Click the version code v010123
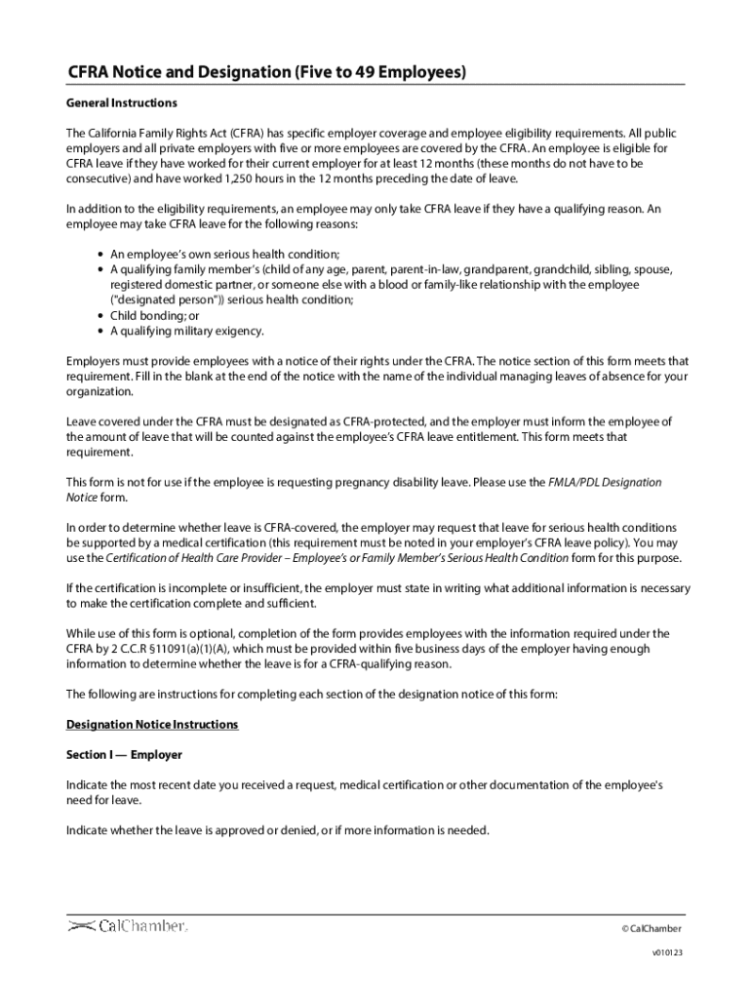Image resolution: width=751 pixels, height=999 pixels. pyautogui.click(x=667, y=953)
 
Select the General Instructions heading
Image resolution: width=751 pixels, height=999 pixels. pyautogui.click(x=121, y=102)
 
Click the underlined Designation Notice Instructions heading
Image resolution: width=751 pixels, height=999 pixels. pyautogui.click(x=151, y=725)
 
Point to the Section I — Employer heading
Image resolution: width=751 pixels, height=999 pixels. pyautogui.click(x=124, y=755)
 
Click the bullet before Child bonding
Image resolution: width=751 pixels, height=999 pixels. pyautogui.click(x=101, y=316)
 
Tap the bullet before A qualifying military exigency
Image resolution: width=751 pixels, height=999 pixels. pyautogui.click(x=101, y=331)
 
